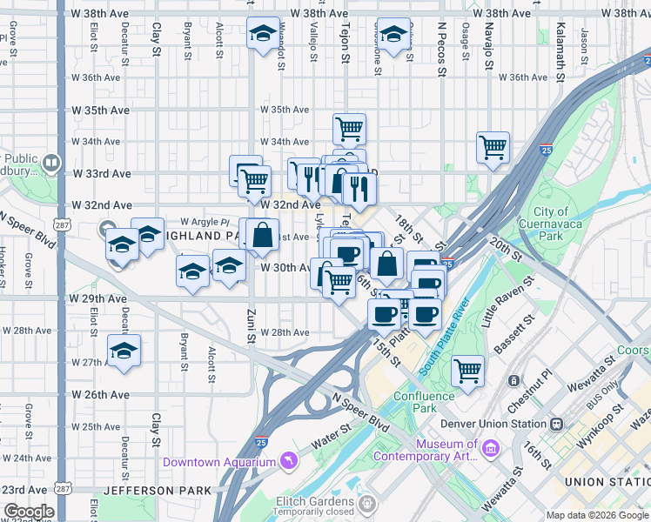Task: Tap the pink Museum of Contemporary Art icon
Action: tap(490, 449)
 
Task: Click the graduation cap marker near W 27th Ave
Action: tap(124, 351)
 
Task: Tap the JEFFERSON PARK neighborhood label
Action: tap(157, 491)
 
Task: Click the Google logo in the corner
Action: tap(29, 512)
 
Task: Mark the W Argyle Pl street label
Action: tap(205, 222)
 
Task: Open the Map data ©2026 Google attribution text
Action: tap(596, 515)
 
